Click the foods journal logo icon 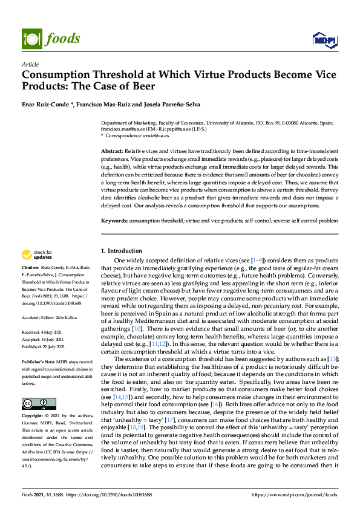(x=30, y=38)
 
